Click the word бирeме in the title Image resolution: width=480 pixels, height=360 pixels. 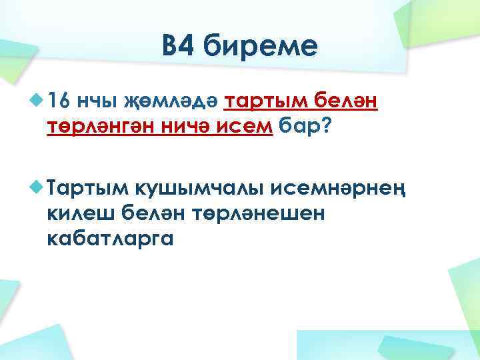click(261, 48)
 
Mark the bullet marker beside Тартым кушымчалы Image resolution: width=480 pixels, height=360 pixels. click(36, 187)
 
